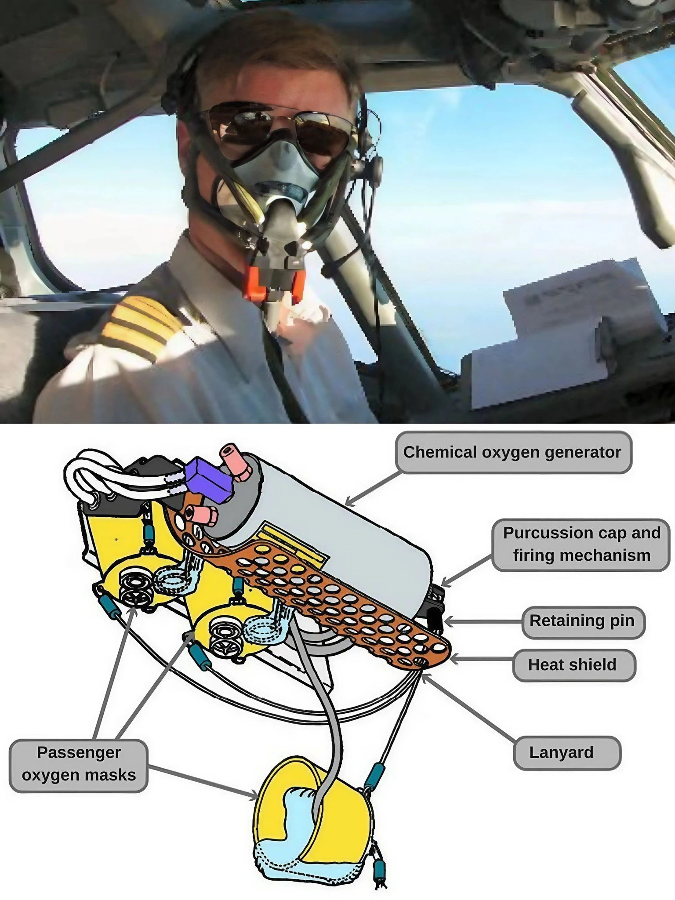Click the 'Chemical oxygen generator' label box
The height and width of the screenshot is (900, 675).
pyautogui.click(x=513, y=452)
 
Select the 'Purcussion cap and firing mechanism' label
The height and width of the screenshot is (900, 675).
pyautogui.click(x=581, y=544)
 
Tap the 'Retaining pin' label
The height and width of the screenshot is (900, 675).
pyautogui.click(x=583, y=621)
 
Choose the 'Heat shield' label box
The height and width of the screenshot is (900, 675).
pyautogui.click(x=573, y=664)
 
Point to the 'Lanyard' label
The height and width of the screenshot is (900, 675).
pyautogui.click(x=566, y=752)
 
